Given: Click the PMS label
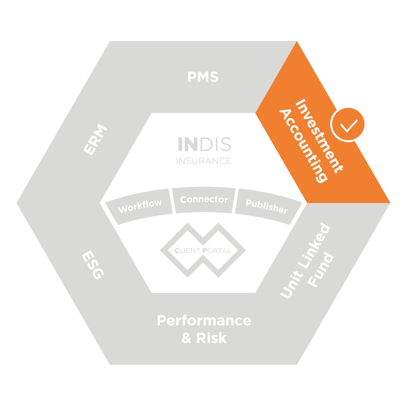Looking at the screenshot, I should click(x=203, y=77).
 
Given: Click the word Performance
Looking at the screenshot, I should click(x=204, y=321).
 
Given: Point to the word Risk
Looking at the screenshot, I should click(x=211, y=338).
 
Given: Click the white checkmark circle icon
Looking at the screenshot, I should click(x=348, y=124).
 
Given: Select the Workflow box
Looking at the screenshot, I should click(x=140, y=206).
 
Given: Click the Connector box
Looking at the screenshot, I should click(x=204, y=200).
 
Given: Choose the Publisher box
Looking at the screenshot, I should click(x=267, y=206).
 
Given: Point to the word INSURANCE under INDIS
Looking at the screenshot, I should click(x=204, y=161).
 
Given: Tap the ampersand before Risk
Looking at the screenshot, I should click(x=186, y=338).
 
